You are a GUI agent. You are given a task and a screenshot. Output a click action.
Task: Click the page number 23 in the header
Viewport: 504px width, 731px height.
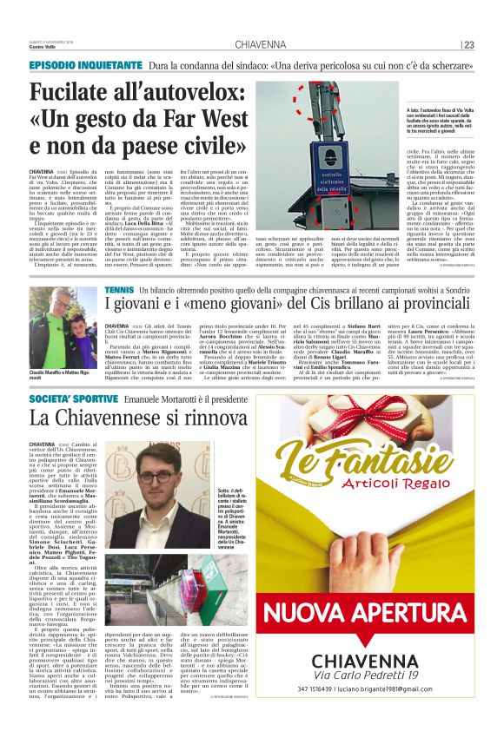(x=469, y=45)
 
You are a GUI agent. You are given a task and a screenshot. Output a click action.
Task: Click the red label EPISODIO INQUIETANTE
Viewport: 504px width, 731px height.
(x=84, y=67)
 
